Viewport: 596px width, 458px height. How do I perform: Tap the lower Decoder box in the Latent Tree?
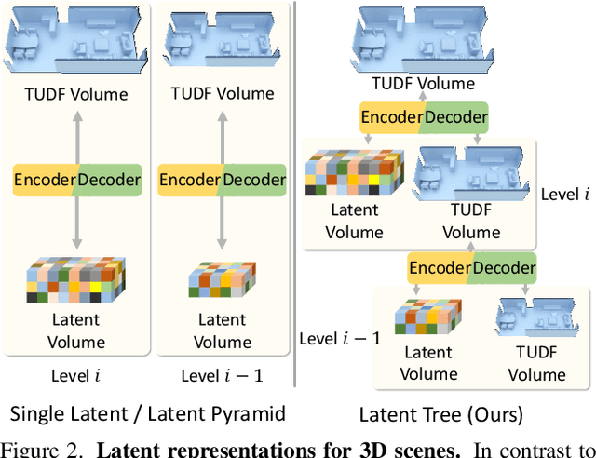tap(503, 269)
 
